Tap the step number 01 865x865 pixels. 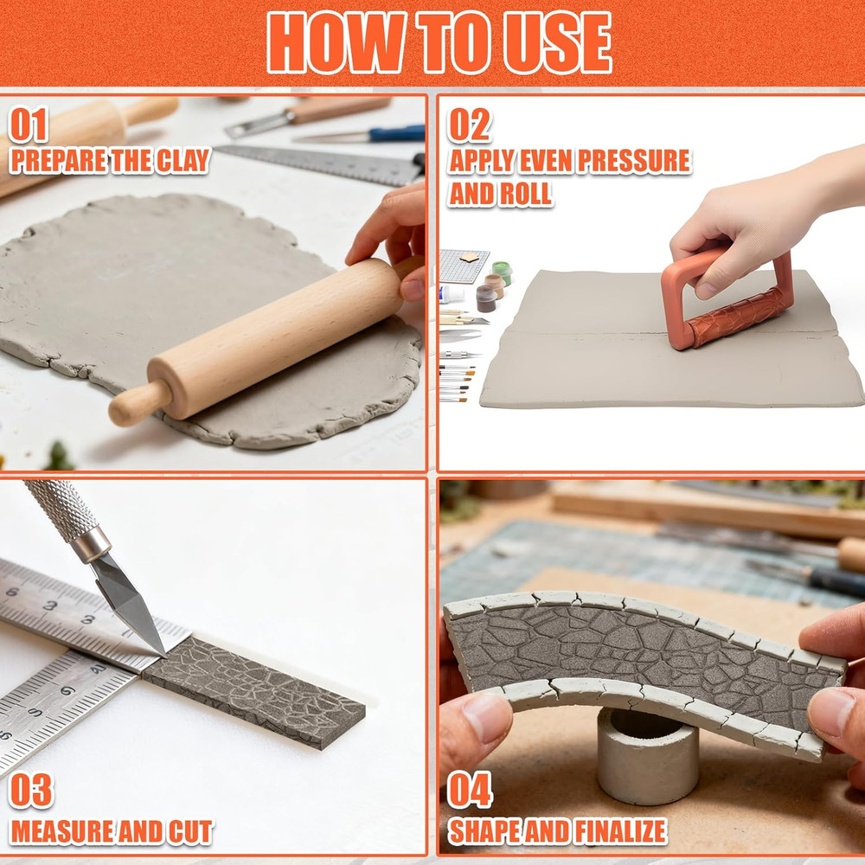click(29, 125)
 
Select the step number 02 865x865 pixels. click(469, 125)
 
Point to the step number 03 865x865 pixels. click(30, 791)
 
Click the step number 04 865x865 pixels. click(470, 791)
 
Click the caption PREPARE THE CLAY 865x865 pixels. click(110, 161)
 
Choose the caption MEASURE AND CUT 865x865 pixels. click(111, 832)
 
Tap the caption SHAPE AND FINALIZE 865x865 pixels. click(557, 832)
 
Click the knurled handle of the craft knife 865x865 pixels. click(61, 510)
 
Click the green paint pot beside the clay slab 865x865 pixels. click(502, 273)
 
